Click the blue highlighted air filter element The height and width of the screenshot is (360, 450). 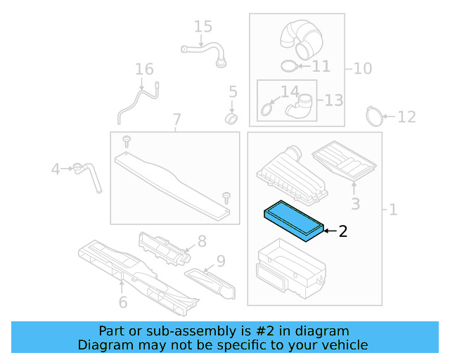(293, 219)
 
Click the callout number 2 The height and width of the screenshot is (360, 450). (342, 231)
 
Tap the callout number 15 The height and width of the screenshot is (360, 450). (202, 27)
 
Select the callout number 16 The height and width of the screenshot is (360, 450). (144, 69)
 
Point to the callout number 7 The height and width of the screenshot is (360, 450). (176, 120)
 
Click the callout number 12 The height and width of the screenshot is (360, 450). (407, 117)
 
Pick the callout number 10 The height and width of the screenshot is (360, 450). (363, 69)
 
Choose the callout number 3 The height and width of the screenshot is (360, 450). (355, 204)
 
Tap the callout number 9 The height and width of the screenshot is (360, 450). (220, 262)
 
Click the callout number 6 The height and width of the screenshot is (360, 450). (122, 302)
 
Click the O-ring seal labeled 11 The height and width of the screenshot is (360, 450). (288, 66)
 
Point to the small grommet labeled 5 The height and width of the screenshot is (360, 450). (231, 115)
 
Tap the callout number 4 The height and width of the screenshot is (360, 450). (56, 169)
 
